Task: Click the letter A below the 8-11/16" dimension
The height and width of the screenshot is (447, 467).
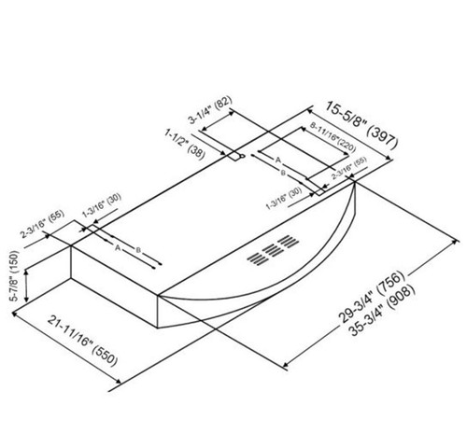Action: tap(277, 161)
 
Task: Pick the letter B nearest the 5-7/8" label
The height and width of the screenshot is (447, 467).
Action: tap(138, 252)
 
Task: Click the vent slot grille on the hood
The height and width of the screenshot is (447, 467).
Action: tap(270, 253)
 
